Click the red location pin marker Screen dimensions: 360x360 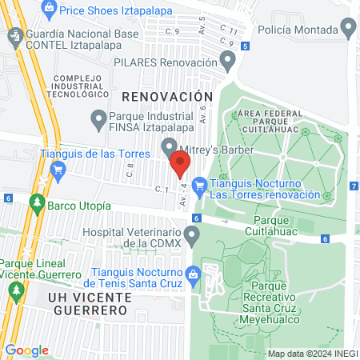point(181,166)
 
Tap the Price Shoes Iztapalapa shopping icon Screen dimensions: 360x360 point(50,10)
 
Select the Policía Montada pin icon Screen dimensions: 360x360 point(347,28)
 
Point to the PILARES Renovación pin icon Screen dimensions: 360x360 point(229,62)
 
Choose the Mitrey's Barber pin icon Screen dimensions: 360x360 point(170,147)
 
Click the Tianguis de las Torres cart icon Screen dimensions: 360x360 point(57,169)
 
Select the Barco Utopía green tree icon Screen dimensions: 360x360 point(36,205)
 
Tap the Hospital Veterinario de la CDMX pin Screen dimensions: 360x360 point(191,236)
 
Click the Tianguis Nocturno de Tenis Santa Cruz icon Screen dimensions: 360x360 point(191,274)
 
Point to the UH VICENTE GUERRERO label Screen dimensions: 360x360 point(88,303)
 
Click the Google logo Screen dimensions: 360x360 point(26,350)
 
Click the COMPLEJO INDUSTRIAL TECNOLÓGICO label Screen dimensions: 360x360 point(74,85)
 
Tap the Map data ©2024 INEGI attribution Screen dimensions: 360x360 point(310,353)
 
